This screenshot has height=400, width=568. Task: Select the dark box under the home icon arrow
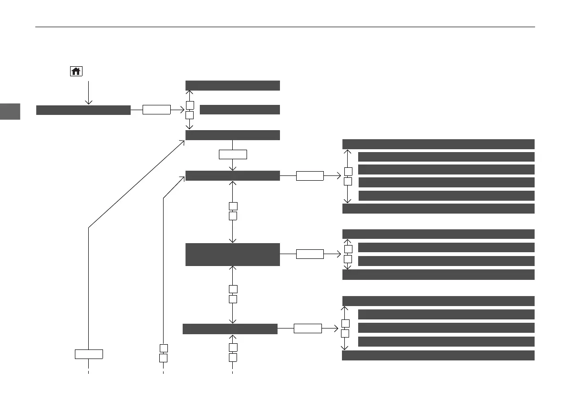click(x=83, y=110)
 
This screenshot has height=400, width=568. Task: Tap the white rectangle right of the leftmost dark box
click(x=156, y=110)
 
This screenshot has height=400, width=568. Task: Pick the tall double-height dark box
click(x=232, y=254)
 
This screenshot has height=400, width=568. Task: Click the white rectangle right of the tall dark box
click(x=310, y=254)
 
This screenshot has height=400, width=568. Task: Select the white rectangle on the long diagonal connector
click(x=89, y=354)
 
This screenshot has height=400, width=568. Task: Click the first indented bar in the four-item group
click(x=445, y=157)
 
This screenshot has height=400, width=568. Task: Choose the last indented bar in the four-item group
click(x=445, y=195)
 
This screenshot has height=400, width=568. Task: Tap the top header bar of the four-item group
click(x=438, y=144)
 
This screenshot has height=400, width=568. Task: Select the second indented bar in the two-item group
click(x=445, y=261)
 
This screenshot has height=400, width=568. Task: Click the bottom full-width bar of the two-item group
click(x=438, y=275)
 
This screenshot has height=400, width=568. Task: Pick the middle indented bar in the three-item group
click(x=445, y=328)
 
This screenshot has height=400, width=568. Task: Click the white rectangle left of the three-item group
click(x=307, y=328)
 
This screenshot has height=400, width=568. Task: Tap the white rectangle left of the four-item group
click(x=310, y=176)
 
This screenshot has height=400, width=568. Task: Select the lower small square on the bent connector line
click(x=163, y=358)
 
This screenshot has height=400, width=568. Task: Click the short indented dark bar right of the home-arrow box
click(x=239, y=110)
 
